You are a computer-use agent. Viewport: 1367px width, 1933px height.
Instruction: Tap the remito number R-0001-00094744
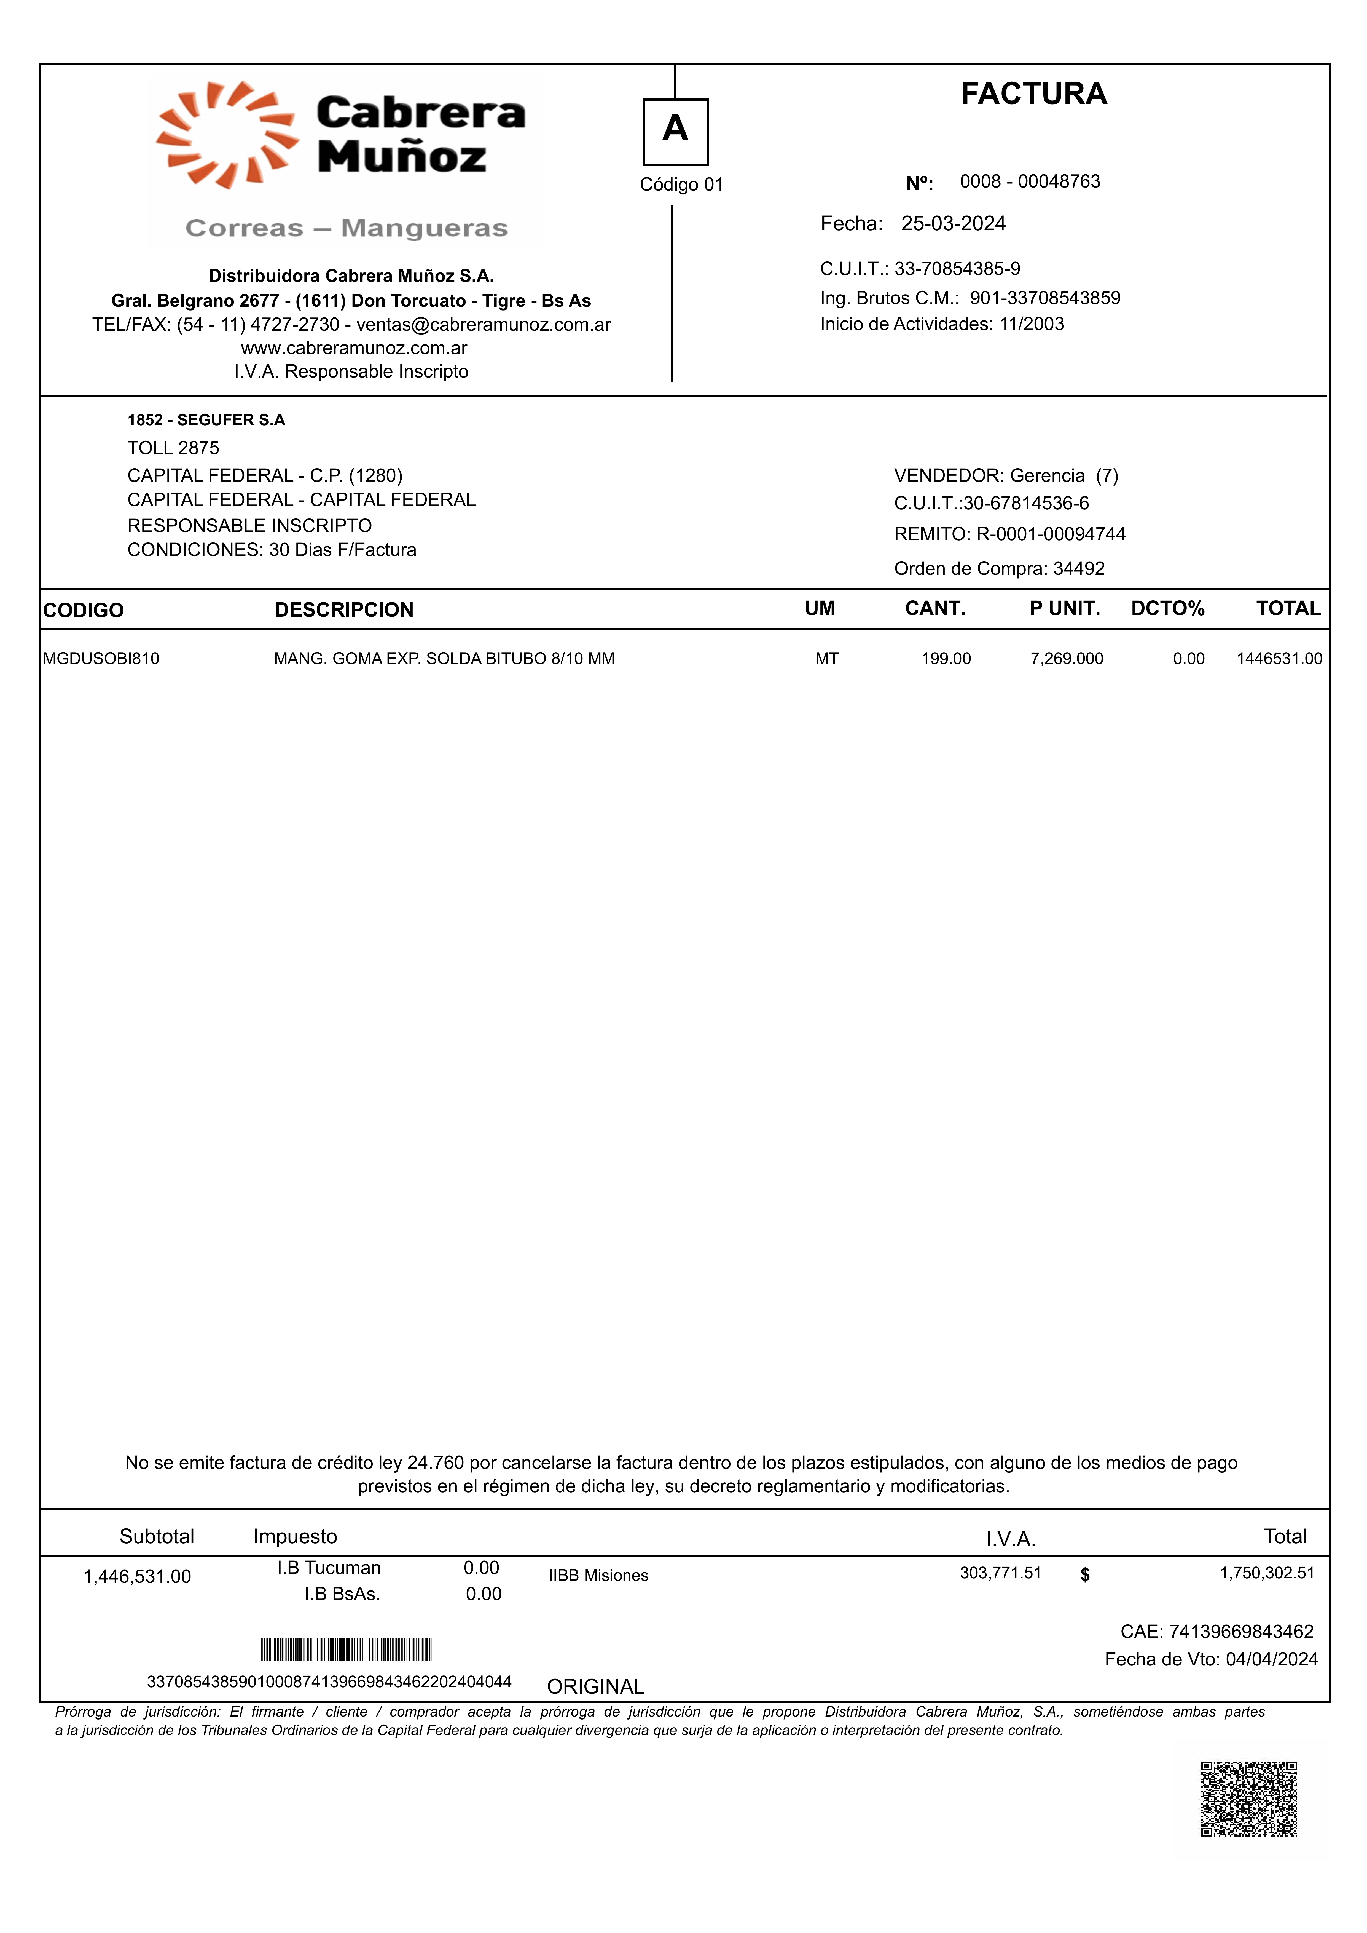point(1051,534)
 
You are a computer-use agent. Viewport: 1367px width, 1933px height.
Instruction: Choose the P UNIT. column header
point(1065,609)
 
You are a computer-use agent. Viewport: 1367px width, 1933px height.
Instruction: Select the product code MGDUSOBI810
point(101,659)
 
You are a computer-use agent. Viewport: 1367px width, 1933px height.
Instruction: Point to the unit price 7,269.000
point(1067,659)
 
